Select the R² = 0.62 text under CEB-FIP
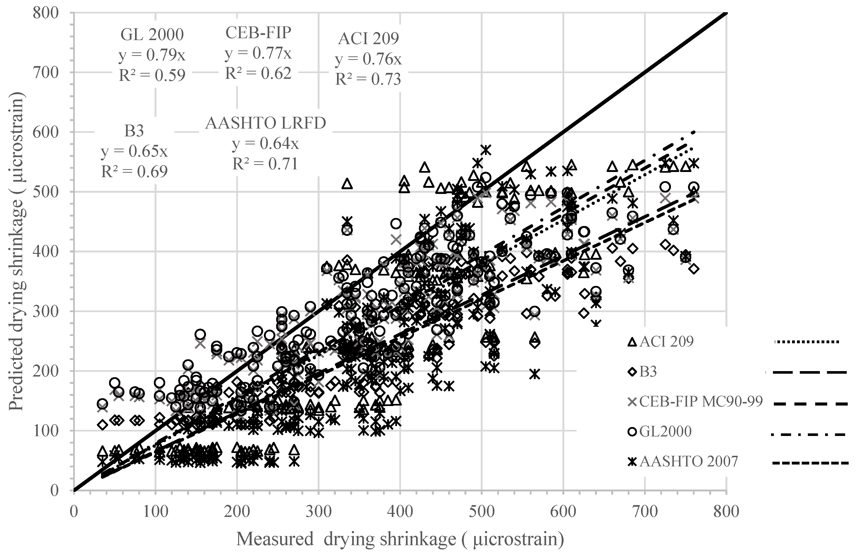pos(258,73)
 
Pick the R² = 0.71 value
pos(265,164)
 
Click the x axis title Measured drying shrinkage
pos(400,540)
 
